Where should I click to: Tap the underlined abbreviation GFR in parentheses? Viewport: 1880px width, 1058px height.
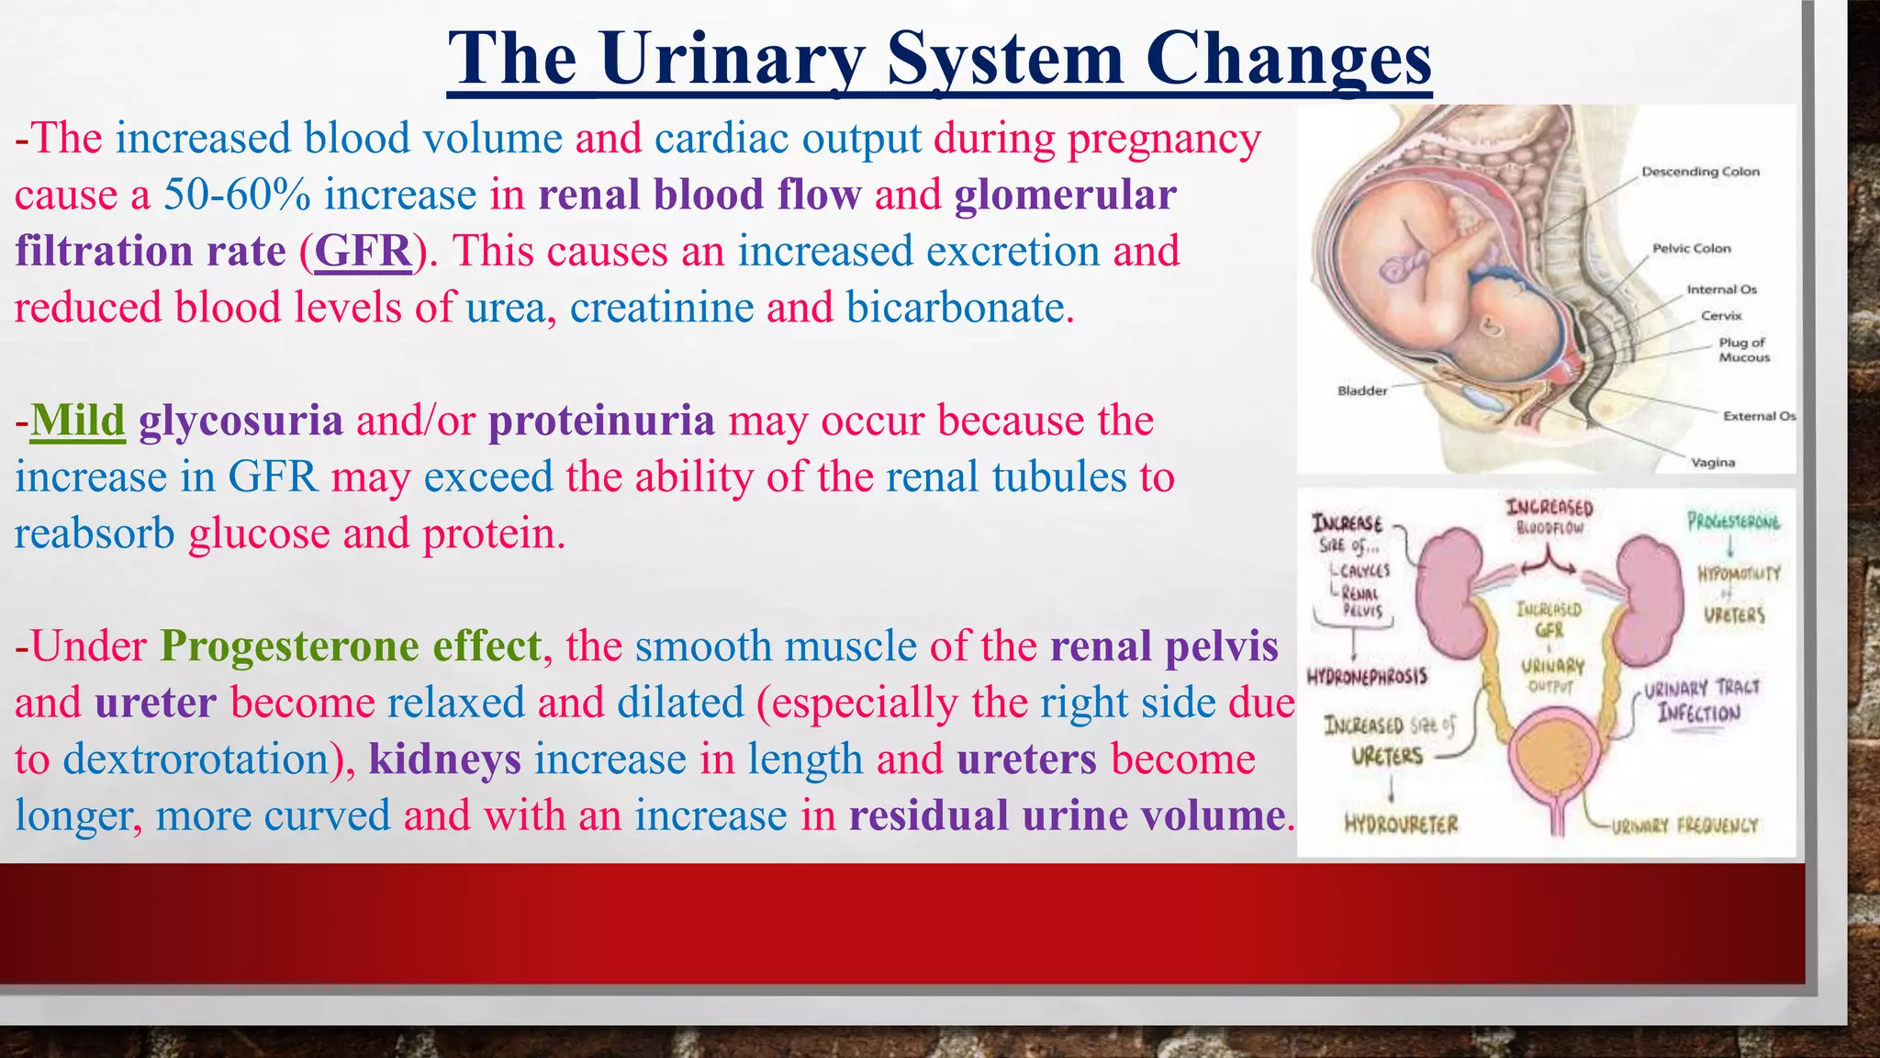point(364,251)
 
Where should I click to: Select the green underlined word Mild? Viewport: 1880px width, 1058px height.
point(77,421)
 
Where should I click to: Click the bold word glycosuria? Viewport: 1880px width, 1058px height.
point(241,421)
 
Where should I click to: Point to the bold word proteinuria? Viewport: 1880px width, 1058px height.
point(601,421)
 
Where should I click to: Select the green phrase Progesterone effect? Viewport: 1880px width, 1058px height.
point(351,647)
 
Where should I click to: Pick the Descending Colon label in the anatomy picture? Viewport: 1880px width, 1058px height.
point(1700,172)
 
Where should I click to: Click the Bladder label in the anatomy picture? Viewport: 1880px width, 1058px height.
point(1362,390)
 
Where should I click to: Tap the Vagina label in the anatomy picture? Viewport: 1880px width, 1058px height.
point(1713,462)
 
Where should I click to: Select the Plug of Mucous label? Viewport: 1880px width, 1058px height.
point(1743,350)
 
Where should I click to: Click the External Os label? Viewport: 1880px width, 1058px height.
point(1758,416)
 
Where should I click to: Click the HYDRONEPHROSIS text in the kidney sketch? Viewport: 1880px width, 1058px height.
point(1367,677)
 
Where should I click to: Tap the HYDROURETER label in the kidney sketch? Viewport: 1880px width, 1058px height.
point(1401,824)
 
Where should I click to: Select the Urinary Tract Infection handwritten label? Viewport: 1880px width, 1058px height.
point(1700,701)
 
